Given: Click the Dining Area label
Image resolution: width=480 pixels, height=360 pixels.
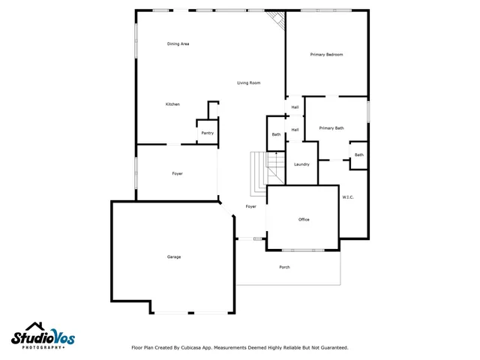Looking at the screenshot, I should click(178, 44).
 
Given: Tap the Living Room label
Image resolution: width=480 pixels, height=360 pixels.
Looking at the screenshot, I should click(248, 82).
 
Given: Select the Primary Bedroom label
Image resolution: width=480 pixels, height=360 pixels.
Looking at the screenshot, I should click(326, 55).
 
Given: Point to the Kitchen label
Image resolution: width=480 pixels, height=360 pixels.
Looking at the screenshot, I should click(172, 104).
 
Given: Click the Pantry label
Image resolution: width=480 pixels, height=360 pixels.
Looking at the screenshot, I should click(207, 133).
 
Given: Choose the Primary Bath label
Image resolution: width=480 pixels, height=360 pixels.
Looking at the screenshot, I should click(331, 128).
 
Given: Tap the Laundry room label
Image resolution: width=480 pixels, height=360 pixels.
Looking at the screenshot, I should click(301, 165).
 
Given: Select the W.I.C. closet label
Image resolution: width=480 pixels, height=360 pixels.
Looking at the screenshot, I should click(347, 197).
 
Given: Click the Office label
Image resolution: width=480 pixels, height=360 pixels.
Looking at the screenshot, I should click(304, 220).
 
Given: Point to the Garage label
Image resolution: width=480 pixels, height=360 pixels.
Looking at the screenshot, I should click(173, 257).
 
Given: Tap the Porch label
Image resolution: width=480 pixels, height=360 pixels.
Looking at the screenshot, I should click(284, 268).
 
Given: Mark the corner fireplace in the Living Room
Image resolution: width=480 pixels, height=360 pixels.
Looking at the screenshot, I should click(278, 21).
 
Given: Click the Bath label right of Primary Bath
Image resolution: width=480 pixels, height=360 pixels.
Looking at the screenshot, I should click(358, 155).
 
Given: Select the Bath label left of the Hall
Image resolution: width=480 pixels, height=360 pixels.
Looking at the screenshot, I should click(276, 135).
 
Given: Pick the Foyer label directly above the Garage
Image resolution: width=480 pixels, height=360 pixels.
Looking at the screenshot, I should click(177, 174).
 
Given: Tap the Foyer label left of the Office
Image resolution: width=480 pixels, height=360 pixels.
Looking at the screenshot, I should click(250, 206).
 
